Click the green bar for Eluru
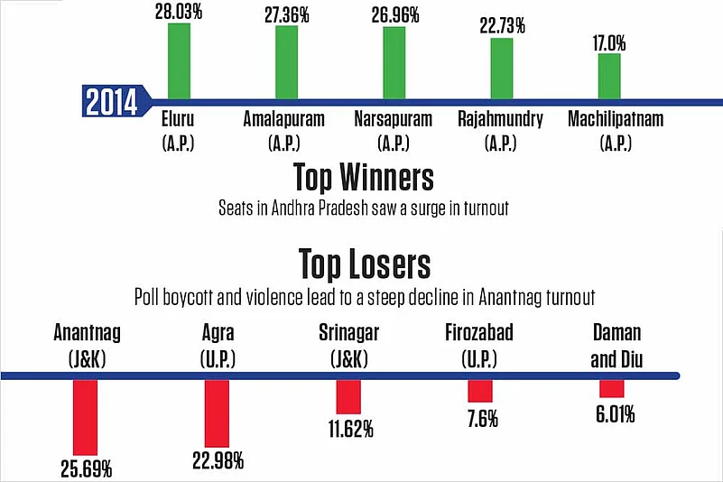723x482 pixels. [x=179, y=60]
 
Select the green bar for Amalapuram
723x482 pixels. [x=286, y=62]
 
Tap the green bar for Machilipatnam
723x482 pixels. [x=609, y=76]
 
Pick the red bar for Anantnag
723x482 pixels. [x=85, y=417]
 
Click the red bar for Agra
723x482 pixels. [x=217, y=412]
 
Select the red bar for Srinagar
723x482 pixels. [x=348, y=397]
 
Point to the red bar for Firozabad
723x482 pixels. [x=480, y=391]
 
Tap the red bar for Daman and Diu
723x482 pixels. [x=612, y=388]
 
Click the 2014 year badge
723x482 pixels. [x=111, y=102]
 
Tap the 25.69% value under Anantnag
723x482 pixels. [x=85, y=468]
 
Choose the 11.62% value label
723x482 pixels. [x=348, y=429]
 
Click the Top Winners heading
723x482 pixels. [x=362, y=176]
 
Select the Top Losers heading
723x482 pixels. [x=364, y=264]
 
